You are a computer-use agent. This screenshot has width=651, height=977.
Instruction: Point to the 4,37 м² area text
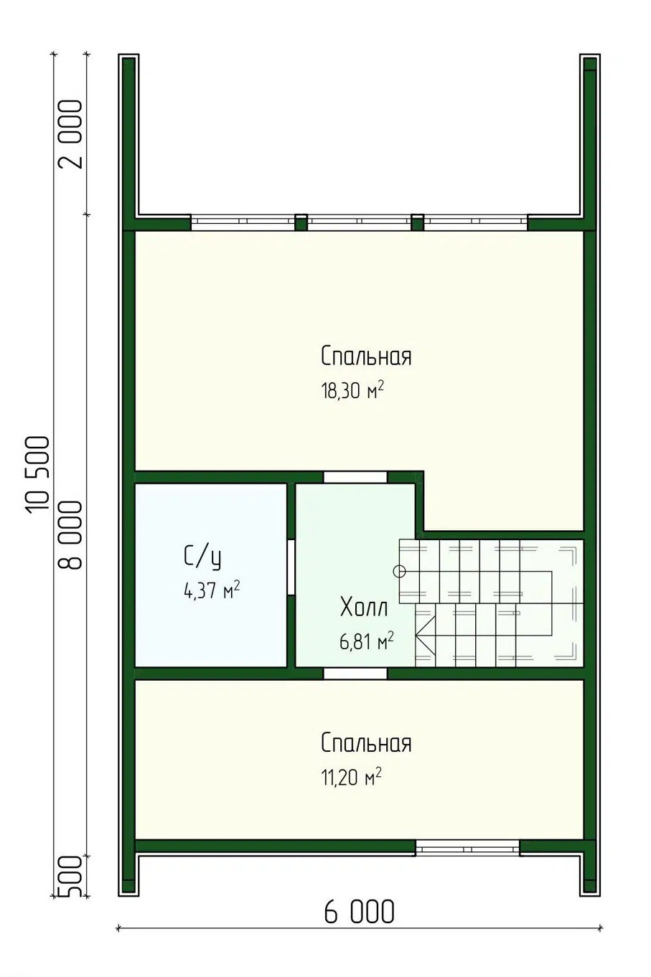click(212, 591)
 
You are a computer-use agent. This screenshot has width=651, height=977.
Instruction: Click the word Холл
click(365, 608)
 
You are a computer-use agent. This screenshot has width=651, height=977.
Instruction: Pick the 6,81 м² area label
click(367, 641)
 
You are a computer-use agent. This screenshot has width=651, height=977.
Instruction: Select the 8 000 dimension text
click(70, 535)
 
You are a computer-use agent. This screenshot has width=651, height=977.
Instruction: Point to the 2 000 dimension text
click(70, 135)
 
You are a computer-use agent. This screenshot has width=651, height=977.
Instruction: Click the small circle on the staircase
click(399, 571)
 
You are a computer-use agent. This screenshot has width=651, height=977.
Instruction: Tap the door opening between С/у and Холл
click(291, 567)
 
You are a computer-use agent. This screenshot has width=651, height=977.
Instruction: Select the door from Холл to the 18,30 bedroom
click(355, 477)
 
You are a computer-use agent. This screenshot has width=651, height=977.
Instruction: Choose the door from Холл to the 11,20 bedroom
click(355, 674)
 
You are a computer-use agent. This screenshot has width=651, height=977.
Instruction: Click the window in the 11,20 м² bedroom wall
click(467, 847)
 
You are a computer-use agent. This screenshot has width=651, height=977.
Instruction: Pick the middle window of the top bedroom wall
click(360, 222)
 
